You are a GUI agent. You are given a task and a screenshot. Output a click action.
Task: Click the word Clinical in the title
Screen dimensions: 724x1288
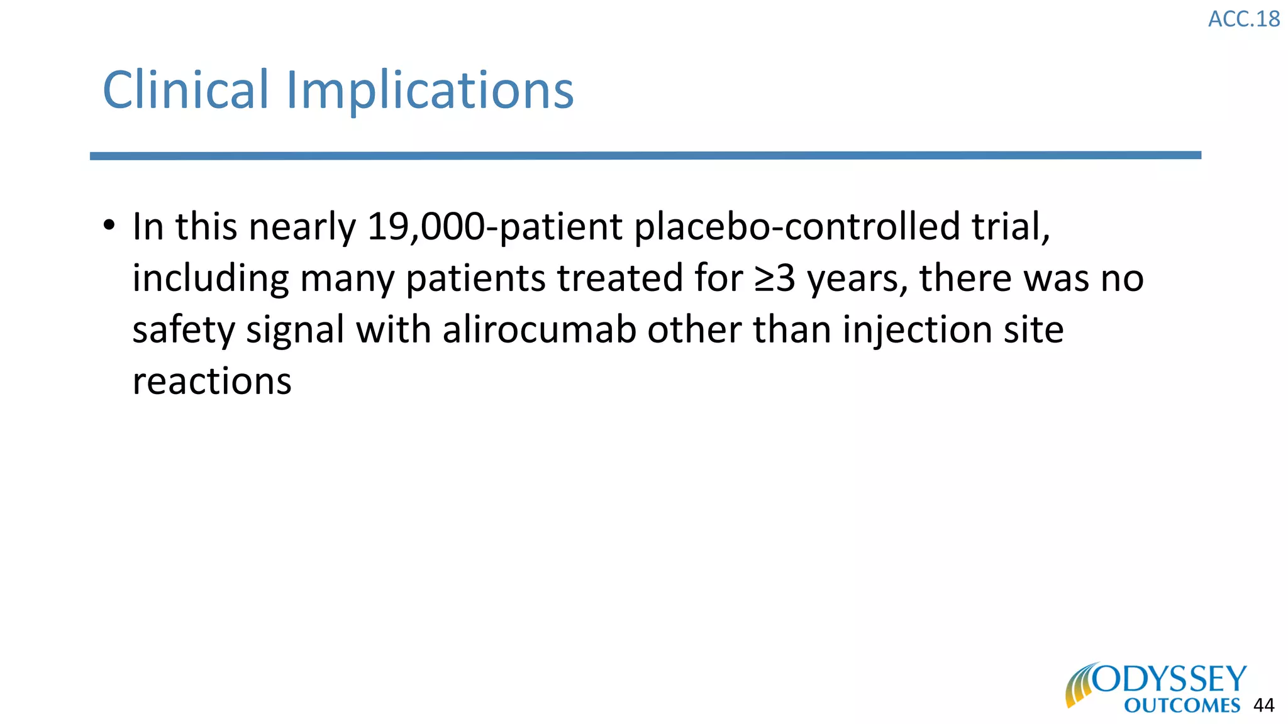click(x=186, y=90)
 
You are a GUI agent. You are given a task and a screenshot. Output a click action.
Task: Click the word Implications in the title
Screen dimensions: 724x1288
click(x=430, y=90)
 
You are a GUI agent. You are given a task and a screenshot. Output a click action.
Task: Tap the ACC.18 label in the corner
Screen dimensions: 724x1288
click(x=1243, y=19)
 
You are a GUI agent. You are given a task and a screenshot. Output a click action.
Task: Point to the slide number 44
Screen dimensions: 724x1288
click(x=1263, y=706)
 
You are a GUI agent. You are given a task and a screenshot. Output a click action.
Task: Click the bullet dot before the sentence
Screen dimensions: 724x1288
click(x=109, y=225)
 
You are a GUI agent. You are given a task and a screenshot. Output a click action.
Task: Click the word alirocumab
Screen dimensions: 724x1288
click(x=539, y=330)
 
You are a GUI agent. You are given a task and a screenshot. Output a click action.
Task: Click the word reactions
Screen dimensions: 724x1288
click(x=212, y=381)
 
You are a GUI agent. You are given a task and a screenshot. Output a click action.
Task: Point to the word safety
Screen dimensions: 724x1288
click(x=183, y=330)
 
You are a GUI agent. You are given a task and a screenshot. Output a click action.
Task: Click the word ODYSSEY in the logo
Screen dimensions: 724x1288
click(x=1169, y=679)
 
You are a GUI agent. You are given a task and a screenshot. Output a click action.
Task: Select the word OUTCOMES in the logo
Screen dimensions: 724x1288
click(x=1182, y=706)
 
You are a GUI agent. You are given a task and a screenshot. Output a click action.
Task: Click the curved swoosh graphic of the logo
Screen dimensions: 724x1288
click(x=1079, y=686)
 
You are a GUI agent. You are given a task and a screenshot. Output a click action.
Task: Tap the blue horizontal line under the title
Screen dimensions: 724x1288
click(x=645, y=156)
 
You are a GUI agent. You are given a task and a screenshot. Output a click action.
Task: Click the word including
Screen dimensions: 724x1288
click(x=211, y=278)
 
